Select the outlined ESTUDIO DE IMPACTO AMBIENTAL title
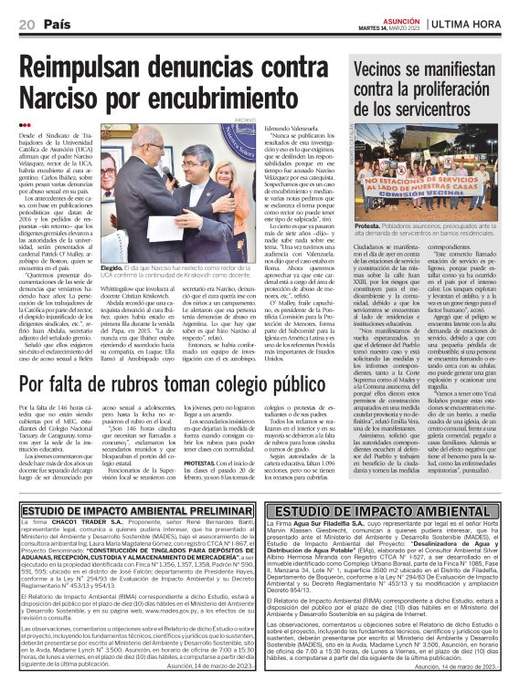click(395, 510)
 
